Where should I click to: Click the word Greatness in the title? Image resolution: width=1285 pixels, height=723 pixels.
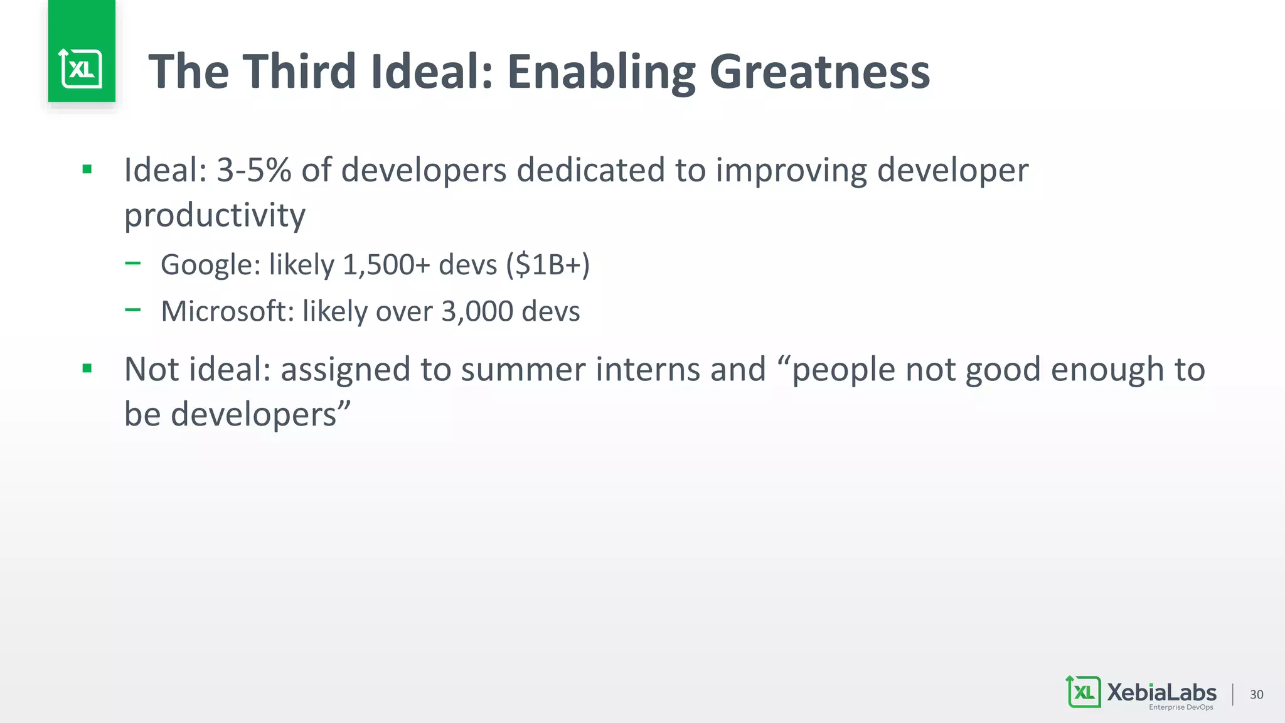(819, 72)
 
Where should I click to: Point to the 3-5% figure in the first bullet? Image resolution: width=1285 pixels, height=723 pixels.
(253, 170)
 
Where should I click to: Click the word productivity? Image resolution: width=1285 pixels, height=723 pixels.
(215, 216)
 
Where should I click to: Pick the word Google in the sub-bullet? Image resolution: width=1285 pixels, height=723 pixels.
(210, 265)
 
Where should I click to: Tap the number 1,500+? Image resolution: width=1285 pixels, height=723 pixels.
(386, 265)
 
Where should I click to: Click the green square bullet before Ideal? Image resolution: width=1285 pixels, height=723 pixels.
(87, 169)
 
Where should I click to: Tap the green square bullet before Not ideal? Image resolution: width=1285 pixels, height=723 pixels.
(87, 368)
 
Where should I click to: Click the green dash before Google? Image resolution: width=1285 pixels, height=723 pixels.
(132, 264)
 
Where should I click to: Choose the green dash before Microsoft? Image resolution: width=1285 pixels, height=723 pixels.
(132, 309)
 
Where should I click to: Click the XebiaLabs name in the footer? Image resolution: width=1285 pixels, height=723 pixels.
(1161, 692)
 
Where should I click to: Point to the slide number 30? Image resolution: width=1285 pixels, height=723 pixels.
(1256, 694)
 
